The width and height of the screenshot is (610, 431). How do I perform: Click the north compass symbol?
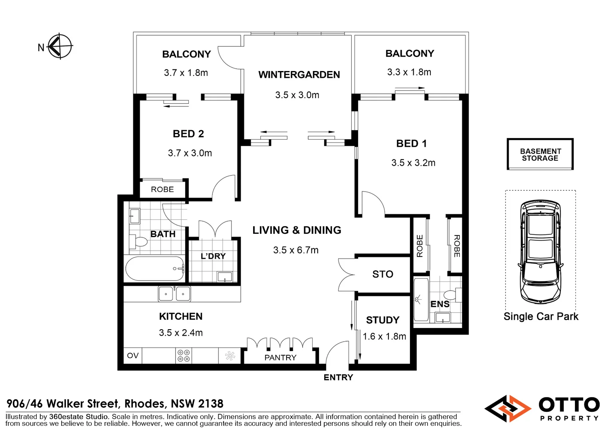point(60,46)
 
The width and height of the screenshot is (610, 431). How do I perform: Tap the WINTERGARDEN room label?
point(299,75)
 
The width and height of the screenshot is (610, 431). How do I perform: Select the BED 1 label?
point(411,144)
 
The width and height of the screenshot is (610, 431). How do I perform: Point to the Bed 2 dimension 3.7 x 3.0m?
point(190,153)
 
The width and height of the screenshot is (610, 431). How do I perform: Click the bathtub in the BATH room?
point(154,269)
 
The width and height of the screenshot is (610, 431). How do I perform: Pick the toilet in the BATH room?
point(139,241)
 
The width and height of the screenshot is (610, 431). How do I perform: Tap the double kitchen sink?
point(174,294)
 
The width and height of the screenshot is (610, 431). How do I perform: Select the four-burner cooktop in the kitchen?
point(184,356)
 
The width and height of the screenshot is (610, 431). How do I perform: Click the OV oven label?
point(133,355)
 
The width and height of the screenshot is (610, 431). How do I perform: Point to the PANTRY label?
point(280,358)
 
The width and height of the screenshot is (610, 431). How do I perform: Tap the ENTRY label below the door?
point(338,378)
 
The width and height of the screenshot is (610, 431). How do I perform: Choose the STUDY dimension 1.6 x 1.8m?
point(384,336)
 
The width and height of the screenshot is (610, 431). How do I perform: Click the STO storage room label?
point(382,274)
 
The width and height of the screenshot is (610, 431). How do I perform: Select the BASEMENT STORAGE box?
point(540,154)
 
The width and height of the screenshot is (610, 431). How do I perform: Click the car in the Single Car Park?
point(541,252)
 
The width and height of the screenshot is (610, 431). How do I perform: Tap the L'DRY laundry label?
point(213,256)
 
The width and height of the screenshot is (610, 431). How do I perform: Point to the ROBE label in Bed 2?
point(162,189)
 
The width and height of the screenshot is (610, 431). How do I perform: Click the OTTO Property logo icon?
point(508,408)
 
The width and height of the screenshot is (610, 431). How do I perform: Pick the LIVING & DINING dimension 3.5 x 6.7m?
point(296,250)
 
